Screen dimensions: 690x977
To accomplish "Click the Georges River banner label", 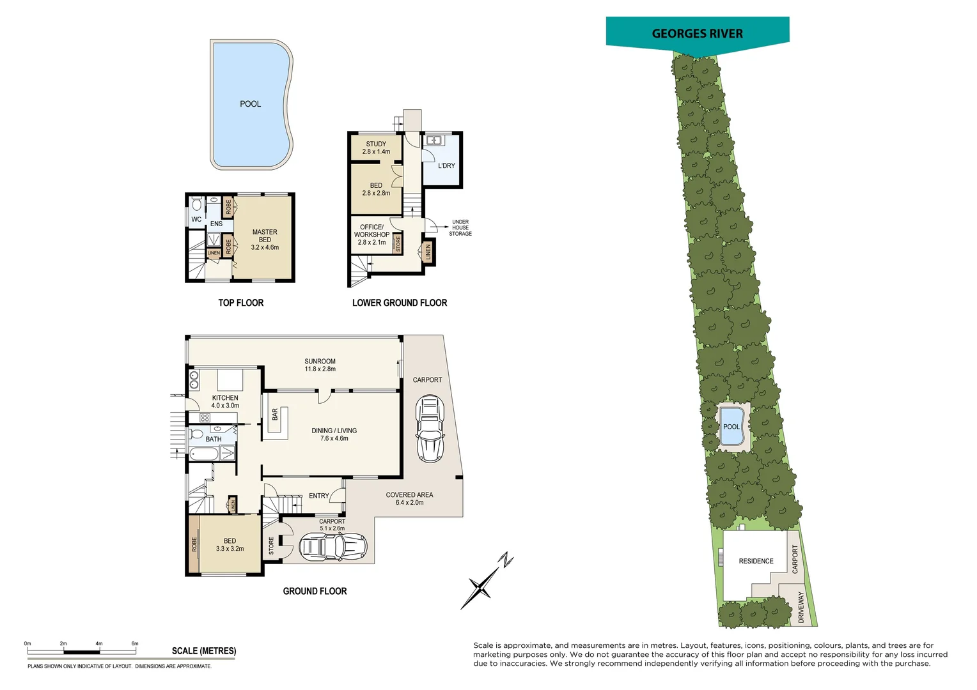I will [x=697, y=34].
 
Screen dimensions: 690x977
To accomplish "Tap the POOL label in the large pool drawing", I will [x=250, y=104].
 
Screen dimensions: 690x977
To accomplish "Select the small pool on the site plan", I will [x=731, y=426].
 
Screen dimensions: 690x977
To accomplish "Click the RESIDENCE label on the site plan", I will [x=756, y=561].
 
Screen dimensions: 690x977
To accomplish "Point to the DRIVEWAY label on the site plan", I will [x=801, y=607].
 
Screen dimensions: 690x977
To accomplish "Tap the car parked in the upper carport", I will [x=430, y=428].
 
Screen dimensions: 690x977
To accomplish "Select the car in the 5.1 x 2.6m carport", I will [x=333, y=547].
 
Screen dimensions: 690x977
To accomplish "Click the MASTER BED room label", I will [x=265, y=240].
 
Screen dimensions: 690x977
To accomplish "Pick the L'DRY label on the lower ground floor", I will [x=446, y=166].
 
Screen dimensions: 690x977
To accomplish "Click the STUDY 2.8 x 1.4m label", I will [x=376, y=148].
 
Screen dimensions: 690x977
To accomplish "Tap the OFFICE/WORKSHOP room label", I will [x=371, y=234].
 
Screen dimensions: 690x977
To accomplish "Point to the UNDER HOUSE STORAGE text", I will [x=460, y=228].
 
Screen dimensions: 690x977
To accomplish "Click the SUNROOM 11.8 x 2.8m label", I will [x=320, y=365].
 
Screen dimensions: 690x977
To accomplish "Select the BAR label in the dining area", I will [x=275, y=415].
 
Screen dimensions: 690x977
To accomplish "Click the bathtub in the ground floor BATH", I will [x=204, y=454].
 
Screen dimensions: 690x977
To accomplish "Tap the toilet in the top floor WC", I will [x=197, y=204].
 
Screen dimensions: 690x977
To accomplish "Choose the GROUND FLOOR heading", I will [x=315, y=592].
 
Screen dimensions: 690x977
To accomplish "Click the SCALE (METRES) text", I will [x=204, y=651].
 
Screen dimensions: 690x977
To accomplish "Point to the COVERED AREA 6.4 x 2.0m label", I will [x=409, y=498].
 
